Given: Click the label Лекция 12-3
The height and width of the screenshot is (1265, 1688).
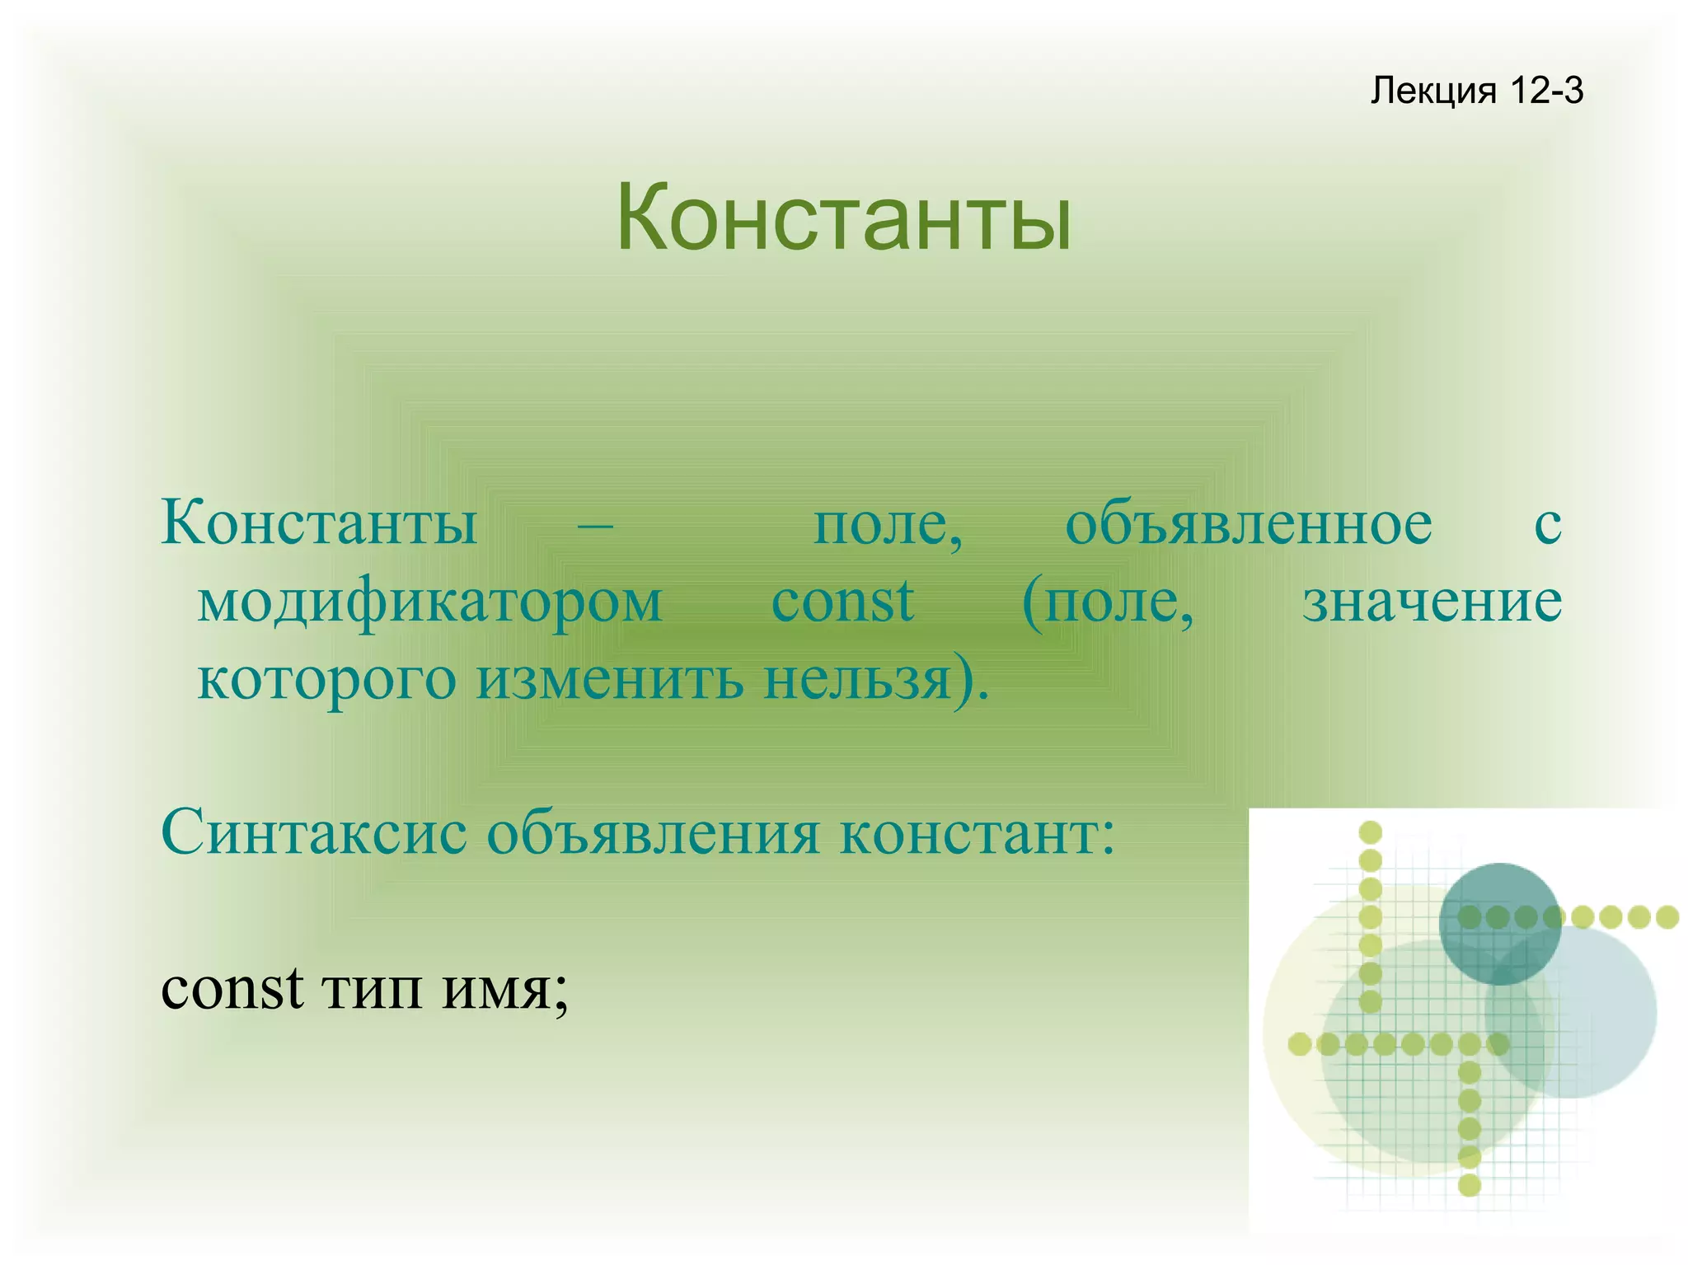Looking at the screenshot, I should [x=1476, y=90].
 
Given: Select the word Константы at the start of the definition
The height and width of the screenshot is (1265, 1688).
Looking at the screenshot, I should [x=319, y=523].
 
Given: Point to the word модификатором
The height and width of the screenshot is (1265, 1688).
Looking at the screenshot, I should [x=429, y=602].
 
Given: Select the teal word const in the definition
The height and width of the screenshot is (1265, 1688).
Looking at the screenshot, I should [x=842, y=602].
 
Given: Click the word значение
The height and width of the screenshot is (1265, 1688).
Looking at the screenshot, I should [x=1432, y=602].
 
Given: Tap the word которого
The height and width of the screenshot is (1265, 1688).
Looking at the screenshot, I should [x=326, y=680].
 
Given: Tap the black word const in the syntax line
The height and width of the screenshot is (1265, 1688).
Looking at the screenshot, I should [x=232, y=987].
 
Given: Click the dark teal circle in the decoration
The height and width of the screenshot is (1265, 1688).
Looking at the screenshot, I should [x=1499, y=923].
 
